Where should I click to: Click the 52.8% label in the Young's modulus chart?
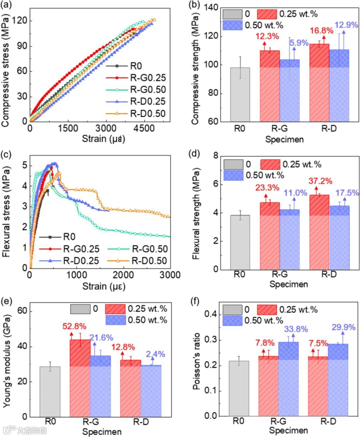coord(74,326)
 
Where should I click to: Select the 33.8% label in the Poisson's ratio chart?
coord(296,329)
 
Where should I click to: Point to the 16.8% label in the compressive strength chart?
coord(321,31)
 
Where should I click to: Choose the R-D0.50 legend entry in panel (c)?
coord(149,260)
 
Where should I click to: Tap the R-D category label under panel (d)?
coord(329,274)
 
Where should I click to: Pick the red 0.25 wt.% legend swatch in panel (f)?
coord(267,310)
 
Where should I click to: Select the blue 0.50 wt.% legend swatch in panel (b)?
coord(232,25)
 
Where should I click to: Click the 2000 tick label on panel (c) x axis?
coord(123,275)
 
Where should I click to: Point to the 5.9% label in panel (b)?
coord(299,43)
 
